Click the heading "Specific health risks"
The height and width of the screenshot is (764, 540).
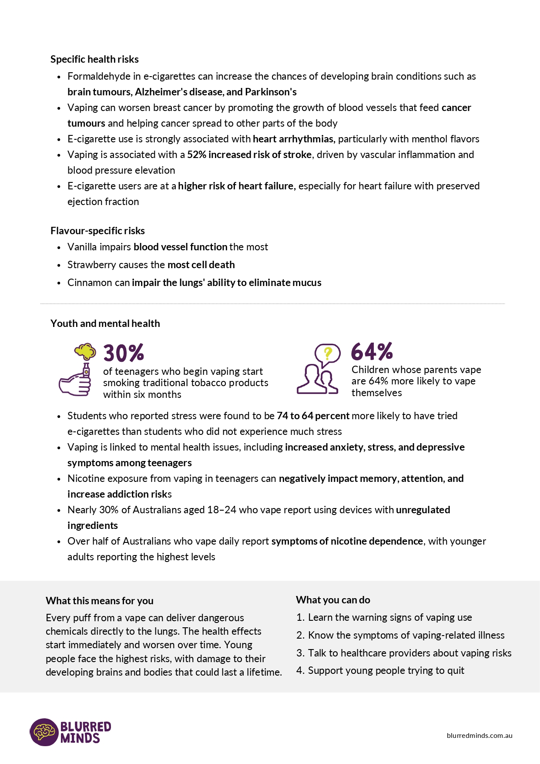[94, 59]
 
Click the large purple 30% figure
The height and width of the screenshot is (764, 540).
[124, 353]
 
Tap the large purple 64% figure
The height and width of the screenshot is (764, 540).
[372, 352]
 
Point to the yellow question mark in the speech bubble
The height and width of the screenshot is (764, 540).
[328, 353]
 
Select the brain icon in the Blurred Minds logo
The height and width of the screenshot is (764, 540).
[44, 732]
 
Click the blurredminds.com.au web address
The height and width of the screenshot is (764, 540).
[479, 735]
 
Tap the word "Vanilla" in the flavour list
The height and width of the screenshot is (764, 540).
[82, 247]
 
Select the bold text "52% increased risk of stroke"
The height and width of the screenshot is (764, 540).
[249, 155]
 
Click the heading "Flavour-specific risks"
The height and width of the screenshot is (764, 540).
[97, 231]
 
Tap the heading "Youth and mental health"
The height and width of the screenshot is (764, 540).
[105, 323]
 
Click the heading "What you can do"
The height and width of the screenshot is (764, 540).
[333, 600]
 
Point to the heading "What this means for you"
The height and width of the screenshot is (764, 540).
[100, 601]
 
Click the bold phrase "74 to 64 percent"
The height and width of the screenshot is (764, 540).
[313, 416]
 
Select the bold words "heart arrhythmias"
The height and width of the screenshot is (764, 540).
[294, 139]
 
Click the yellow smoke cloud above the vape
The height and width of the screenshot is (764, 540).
[85, 351]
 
